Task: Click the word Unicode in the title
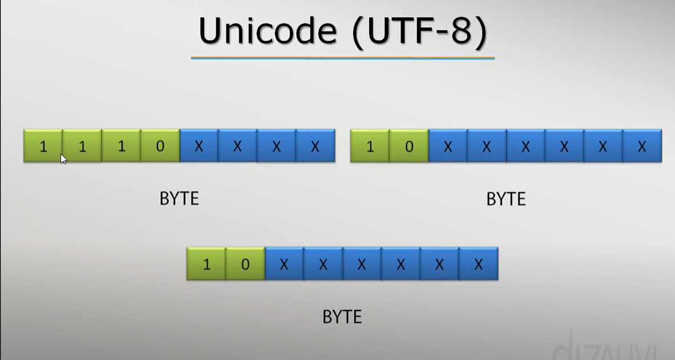click(267, 31)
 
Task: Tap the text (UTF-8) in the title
click(420, 31)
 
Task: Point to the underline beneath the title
click(342, 58)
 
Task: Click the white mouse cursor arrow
click(63, 159)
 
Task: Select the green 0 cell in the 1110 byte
click(160, 146)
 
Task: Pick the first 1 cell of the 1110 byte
click(43, 146)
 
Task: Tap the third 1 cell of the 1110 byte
click(121, 146)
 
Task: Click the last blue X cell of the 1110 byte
click(315, 146)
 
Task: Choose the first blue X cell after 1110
click(199, 146)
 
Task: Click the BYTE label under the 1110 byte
click(179, 199)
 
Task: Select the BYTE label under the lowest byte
click(342, 317)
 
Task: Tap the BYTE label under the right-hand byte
click(506, 199)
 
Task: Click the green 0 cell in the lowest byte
click(245, 264)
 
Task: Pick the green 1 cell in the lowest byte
click(207, 264)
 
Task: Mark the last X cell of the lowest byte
click(478, 264)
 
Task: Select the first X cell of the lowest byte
click(284, 264)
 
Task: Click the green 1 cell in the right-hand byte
click(370, 146)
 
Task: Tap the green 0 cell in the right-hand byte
click(409, 146)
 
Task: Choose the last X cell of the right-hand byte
click(642, 146)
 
